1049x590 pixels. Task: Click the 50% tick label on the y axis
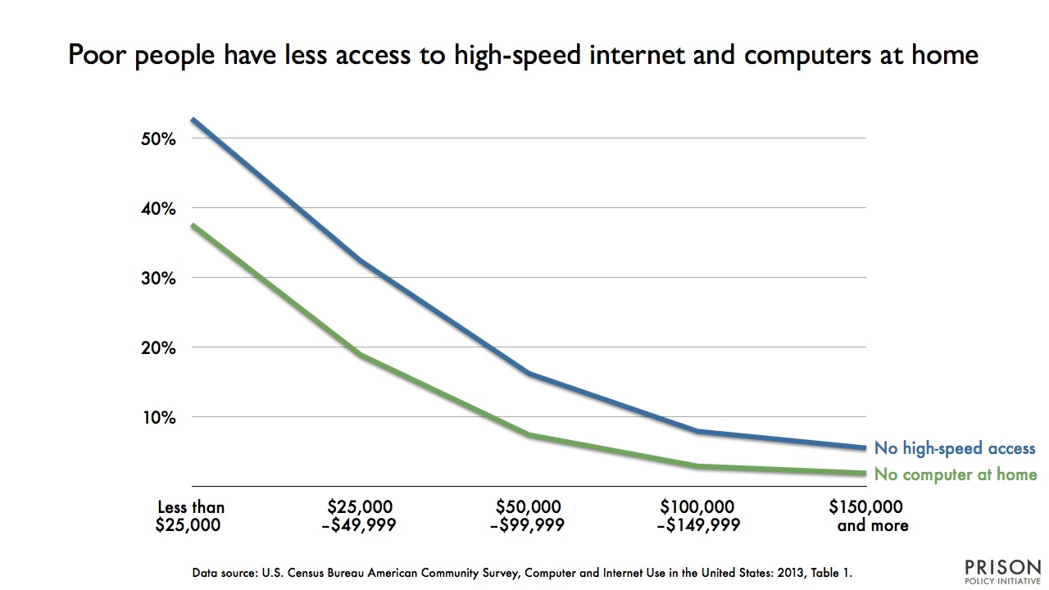click(x=159, y=138)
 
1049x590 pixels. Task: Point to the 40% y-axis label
click(x=159, y=208)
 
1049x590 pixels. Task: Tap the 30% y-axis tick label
click(x=159, y=278)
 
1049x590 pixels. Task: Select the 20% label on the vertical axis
click(x=159, y=347)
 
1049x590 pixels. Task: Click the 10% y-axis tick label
click(x=159, y=417)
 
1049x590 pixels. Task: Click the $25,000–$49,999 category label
click(x=359, y=516)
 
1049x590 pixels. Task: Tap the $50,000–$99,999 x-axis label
click(x=528, y=516)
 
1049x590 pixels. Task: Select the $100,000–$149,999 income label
click(x=698, y=516)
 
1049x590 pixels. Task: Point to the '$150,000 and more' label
click(x=867, y=516)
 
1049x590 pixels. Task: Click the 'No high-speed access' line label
click(x=955, y=448)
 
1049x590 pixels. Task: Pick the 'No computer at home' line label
click(x=956, y=474)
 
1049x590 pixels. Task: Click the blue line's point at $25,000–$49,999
click(x=359, y=261)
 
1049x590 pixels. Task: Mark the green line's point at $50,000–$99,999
click(x=529, y=434)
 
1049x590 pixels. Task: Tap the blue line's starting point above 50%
click(x=191, y=120)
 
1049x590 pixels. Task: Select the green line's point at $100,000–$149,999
click(x=697, y=466)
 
